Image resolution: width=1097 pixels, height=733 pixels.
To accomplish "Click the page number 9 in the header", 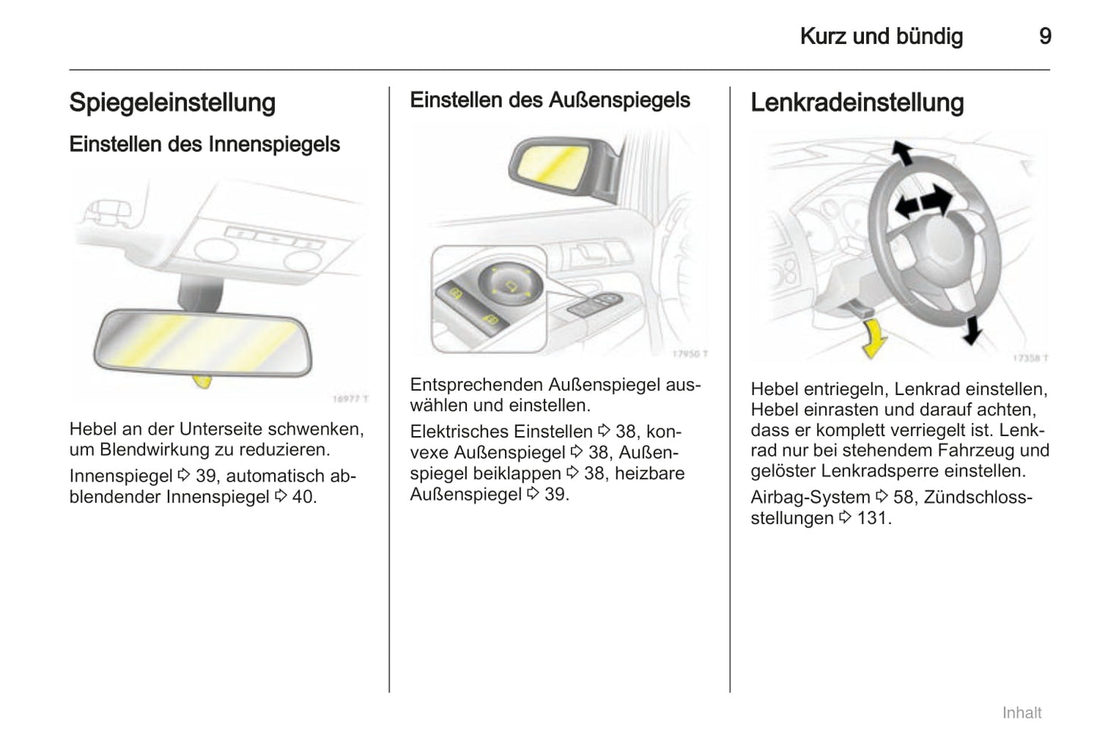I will click(1045, 36).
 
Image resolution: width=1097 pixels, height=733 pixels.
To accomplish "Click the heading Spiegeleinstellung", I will click(172, 103).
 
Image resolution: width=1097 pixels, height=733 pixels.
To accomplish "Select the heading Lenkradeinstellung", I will click(857, 103).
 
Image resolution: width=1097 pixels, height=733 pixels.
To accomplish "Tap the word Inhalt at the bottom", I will click(1021, 712).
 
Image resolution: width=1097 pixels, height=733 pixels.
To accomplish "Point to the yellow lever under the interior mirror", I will click(202, 380).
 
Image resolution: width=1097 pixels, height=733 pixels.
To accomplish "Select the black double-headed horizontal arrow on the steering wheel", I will click(922, 203).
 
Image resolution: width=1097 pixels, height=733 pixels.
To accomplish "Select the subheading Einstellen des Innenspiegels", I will click(204, 144).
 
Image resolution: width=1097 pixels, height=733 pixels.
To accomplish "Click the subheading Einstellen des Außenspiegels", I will click(550, 100).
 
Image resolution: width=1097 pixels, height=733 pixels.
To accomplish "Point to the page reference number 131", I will click(874, 518).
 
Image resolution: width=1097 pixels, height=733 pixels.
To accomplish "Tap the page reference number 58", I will click(903, 498).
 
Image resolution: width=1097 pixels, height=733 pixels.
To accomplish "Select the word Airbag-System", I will click(810, 498).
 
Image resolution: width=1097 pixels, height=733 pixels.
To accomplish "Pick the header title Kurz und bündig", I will click(881, 36).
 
